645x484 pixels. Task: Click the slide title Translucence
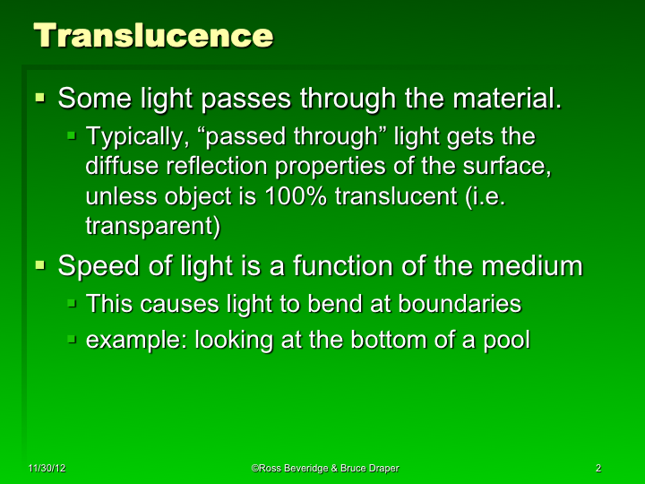click(x=153, y=37)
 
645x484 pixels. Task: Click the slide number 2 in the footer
click(x=597, y=468)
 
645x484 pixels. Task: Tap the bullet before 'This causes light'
click(x=73, y=303)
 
